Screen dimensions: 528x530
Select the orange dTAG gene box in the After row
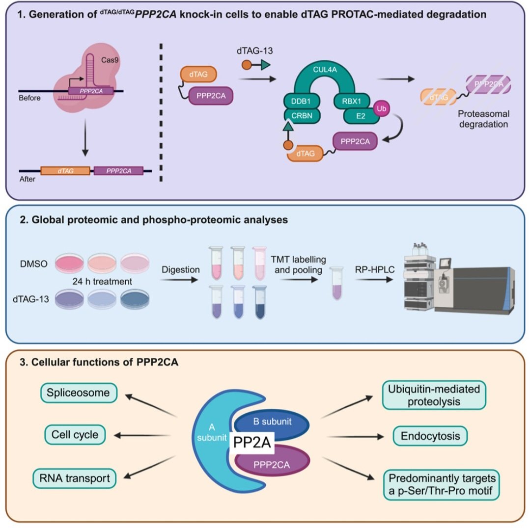click(x=65, y=171)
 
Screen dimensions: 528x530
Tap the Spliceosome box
click(x=79, y=393)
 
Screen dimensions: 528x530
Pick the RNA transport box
click(x=74, y=477)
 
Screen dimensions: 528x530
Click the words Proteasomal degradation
click(x=483, y=118)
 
